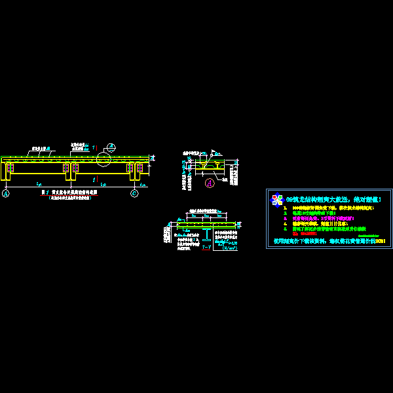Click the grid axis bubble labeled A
[x=7, y=193]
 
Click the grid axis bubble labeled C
[x=135, y=193]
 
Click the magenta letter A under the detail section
[x=209, y=183]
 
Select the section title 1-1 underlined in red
[x=206, y=247]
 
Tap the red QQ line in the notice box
[x=301, y=234]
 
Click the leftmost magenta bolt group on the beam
[x=9, y=168]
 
